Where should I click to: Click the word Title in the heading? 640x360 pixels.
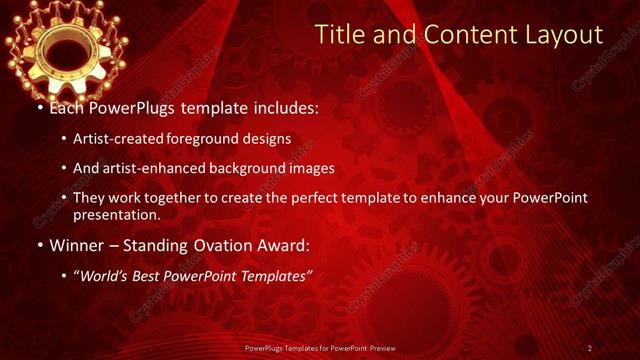(338, 36)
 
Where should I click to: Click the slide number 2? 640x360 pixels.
(590, 347)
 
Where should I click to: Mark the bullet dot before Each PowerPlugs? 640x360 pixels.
(39, 107)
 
